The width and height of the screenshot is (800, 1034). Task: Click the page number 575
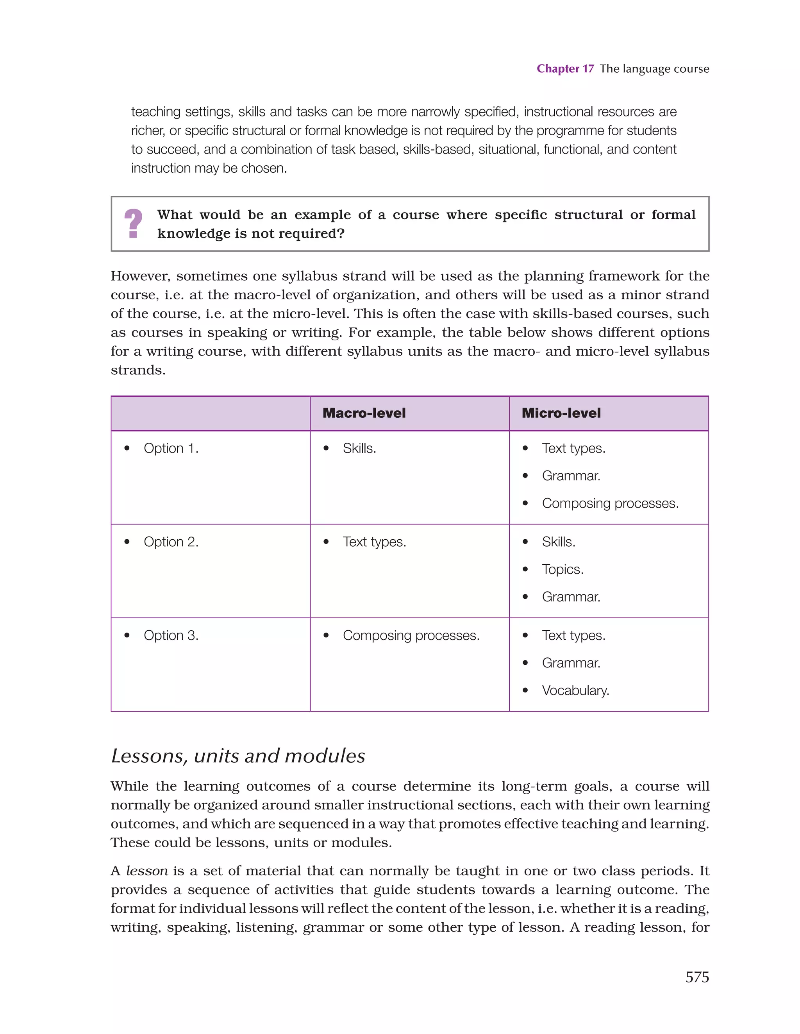pos(697,977)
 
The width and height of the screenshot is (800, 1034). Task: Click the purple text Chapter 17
pos(565,69)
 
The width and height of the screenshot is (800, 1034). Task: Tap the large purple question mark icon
pos(133,224)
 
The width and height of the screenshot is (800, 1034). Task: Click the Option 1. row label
pos(171,448)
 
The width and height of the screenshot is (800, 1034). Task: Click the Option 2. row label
pos(171,542)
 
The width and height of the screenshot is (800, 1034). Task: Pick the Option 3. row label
pos(171,635)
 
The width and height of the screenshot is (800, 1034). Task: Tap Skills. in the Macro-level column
pos(359,448)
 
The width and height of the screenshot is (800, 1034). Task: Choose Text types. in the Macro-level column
pos(375,542)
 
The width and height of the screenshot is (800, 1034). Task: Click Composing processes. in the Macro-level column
pos(411,635)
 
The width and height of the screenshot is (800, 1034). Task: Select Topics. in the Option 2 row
pos(562,569)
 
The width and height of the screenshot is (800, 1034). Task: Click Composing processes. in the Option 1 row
pos(610,503)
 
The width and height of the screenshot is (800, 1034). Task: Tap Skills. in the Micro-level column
pos(559,542)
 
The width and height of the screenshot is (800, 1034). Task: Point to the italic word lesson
pos(147,871)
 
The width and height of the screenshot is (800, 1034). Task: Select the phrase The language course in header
pos(654,69)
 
